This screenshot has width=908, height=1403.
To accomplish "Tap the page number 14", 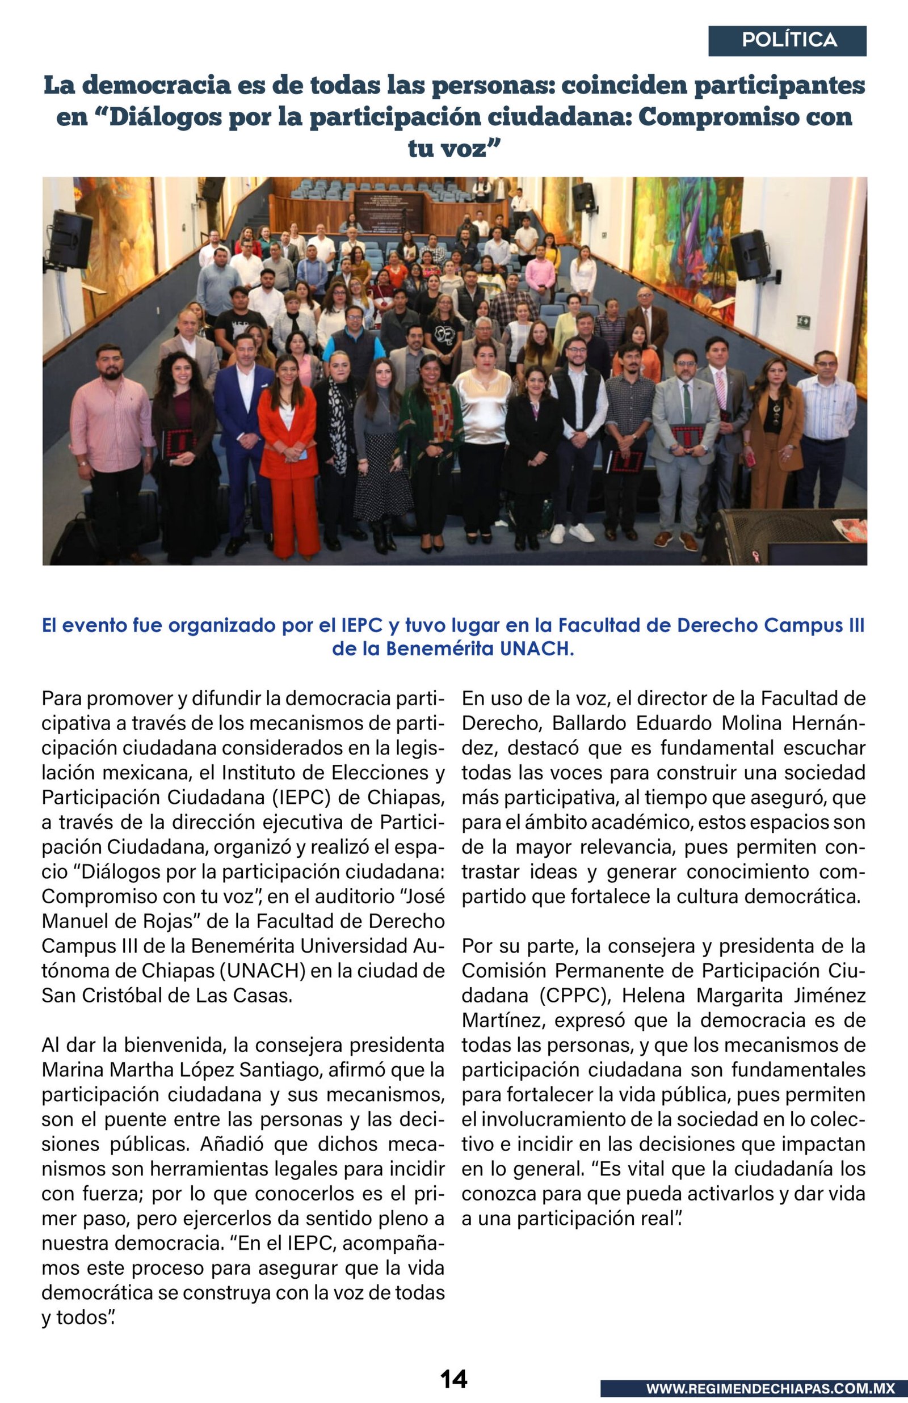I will pyautogui.click(x=453, y=1379).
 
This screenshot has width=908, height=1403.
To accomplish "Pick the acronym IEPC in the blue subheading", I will pyautogui.click(x=363, y=625).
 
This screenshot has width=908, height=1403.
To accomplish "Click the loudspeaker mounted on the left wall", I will pyautogui.click(x=70, y=239).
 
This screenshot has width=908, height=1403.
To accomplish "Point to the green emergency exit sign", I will pyautogui.click(x=802, y=322).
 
